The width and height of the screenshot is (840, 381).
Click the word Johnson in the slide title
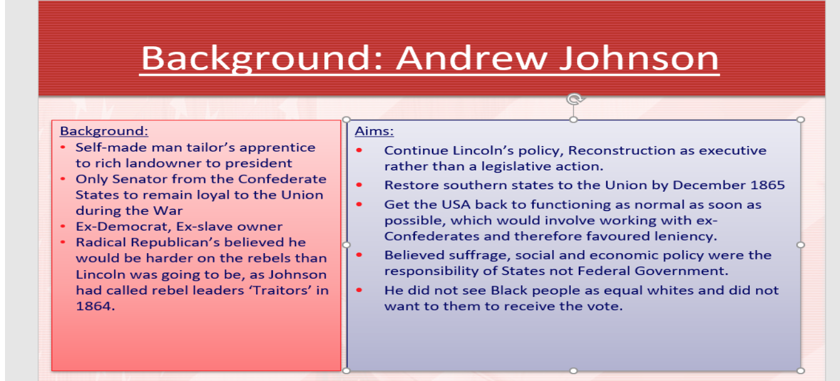point(639,58)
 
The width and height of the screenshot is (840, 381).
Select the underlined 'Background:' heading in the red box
point(104,131)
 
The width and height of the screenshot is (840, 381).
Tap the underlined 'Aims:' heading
point(374,131)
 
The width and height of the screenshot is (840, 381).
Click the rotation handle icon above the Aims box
point(575,99)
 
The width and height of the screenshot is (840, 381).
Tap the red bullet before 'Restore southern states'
point(359,185)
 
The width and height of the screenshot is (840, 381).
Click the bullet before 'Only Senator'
point(63,179)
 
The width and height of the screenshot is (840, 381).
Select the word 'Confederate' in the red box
point(282,179)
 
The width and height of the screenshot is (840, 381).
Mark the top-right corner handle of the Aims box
point(800,120)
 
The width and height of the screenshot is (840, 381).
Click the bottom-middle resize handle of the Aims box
point(573,371)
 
